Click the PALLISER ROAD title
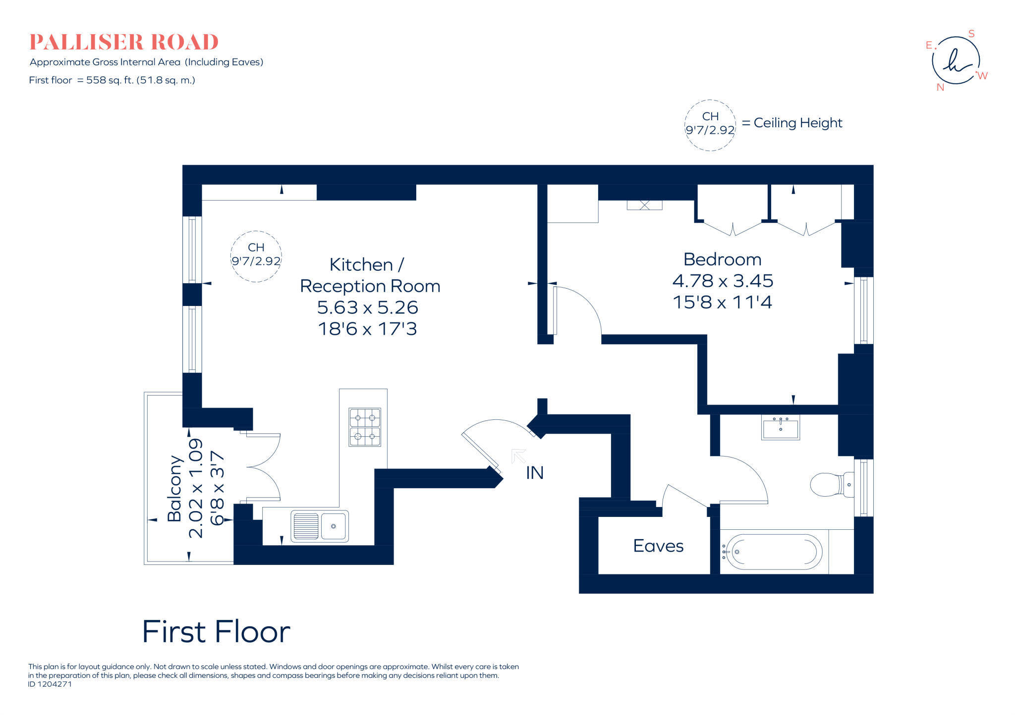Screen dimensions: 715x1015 pyautogui.click(x=124, y=42)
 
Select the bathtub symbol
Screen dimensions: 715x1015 pyautogui.click(x=771, y=552)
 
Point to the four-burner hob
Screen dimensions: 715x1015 pyautogui.click(x=365, y=427)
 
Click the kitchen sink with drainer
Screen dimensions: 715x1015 pyautogui.click(x=320, y=526)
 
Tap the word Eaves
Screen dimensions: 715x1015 pyautogui.click(x=658, y=546)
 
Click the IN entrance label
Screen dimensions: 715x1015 pyautogui.click(x=535, y=473)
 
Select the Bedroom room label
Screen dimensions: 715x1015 pyautogui.click(x=722, y=259)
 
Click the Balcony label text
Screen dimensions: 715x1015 pyautogui.click(x=174, y=488)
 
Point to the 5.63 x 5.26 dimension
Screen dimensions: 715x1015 pyautogui.click(x=367, y=307)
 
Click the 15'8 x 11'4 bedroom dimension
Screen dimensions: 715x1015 pyautogui.click(x=722, y=302)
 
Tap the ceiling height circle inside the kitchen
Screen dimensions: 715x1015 pyautogui.click(x=256, y=256)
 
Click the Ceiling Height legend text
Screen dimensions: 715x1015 pyautogui.click(x=797, y=123)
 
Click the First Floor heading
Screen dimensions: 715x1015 pyautogui.click(x=216, y=632)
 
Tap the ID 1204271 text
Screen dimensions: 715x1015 pyautogui.click(x=50, y=684)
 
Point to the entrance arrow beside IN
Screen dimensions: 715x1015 pyautogui.click(x=518, y=456)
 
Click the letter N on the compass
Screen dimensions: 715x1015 pyautogui.click(x=940, y=87)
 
